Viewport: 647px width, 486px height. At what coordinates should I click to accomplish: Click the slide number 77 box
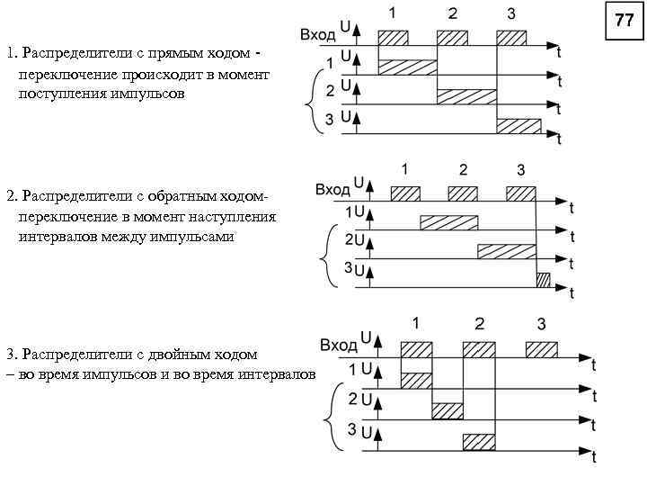click(x=624, y=21)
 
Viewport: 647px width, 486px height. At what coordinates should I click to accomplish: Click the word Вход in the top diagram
click(x=317, y=34)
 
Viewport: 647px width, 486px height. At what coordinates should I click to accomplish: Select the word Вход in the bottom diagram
click(x=338, y=345)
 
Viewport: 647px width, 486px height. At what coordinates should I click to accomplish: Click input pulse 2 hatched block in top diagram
click(x=452, y=38)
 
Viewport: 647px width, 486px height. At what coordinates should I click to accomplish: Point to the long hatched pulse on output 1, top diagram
click(x=407, y=67)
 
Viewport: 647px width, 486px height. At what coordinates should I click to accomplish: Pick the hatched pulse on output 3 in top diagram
click(x=519, y=125)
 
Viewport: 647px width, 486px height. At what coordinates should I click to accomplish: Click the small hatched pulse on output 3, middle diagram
click(x=543, y=279)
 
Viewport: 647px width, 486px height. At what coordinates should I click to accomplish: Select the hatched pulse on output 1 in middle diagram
click(x=449, y=222)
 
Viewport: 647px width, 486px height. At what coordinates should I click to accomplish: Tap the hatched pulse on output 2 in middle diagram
click(x=507, y=251)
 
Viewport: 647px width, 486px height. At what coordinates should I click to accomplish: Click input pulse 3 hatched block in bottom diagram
click(x=541, y=349)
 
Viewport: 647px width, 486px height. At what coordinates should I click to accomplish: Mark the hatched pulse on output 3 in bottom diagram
click(x=479, y=441)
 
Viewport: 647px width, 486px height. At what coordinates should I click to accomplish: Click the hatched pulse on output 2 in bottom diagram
click(x=448, y=411)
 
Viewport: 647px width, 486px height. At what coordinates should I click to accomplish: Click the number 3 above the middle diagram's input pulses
click(x=521, y=169)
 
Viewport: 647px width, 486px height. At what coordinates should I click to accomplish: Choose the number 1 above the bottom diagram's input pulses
click(x=415, y=323)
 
